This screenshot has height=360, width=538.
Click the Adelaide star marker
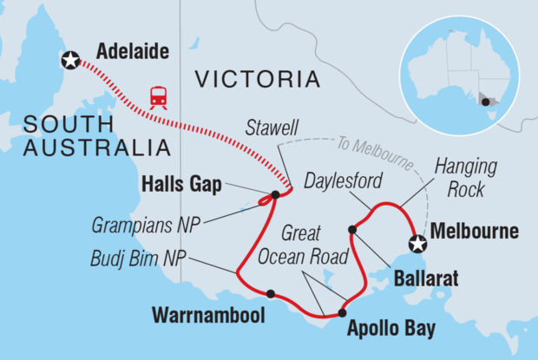click(x=69, y=60)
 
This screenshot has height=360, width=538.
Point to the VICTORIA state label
click(x=257, y=80)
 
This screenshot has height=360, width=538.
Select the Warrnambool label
click(x=210, y=313)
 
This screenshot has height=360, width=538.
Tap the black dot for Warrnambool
click(x=271, y=293)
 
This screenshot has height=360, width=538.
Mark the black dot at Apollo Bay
click(x=342, y=313)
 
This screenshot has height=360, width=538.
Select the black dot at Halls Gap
click(x=275, y=194)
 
